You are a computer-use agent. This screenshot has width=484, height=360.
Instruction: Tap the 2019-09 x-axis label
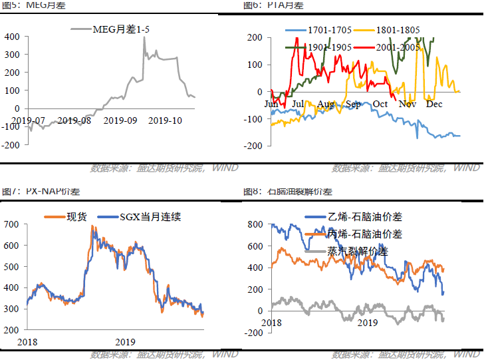pyautogui.click(x=124, y=120)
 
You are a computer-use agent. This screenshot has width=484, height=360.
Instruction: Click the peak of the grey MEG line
pyautogui.click(x=144, y=56)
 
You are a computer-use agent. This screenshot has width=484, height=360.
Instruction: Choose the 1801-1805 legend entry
pyautogui.click(x=398, y=31)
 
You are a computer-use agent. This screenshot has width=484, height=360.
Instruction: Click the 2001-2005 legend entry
pyautogui.click(x=397, y=48)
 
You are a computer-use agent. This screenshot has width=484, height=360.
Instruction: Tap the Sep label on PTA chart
pyautogui.click(x=353, y=104)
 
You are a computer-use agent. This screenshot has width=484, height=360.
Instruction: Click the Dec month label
pyautogui.click(x=434, y=104)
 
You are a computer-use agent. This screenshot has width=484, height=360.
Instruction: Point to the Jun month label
pyautogui.click(x=271, y=104)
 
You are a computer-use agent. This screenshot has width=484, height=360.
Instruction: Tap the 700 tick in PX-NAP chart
pyautogui.click(x=13, y=225)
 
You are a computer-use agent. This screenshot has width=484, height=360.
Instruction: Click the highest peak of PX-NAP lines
pyautogui.click(x=92, y=227)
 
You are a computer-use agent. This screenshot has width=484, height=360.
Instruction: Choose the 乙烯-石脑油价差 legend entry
pyautogui.click(x=365, y=217)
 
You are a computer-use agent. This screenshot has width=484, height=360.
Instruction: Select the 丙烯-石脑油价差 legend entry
pyautogui.click(x=365, y=234)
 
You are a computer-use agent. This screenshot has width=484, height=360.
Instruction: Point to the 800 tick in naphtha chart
pyautogui.click(x=255, y=225)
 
